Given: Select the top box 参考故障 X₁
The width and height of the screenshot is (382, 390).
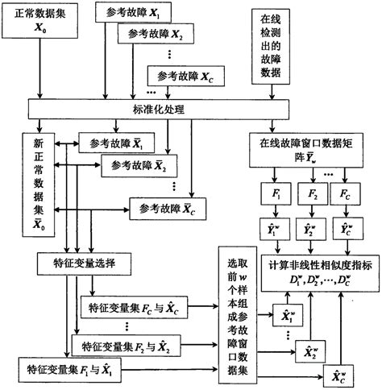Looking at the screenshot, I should (132, 15).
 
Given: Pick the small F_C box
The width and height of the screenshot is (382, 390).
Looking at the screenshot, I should (344, 196).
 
